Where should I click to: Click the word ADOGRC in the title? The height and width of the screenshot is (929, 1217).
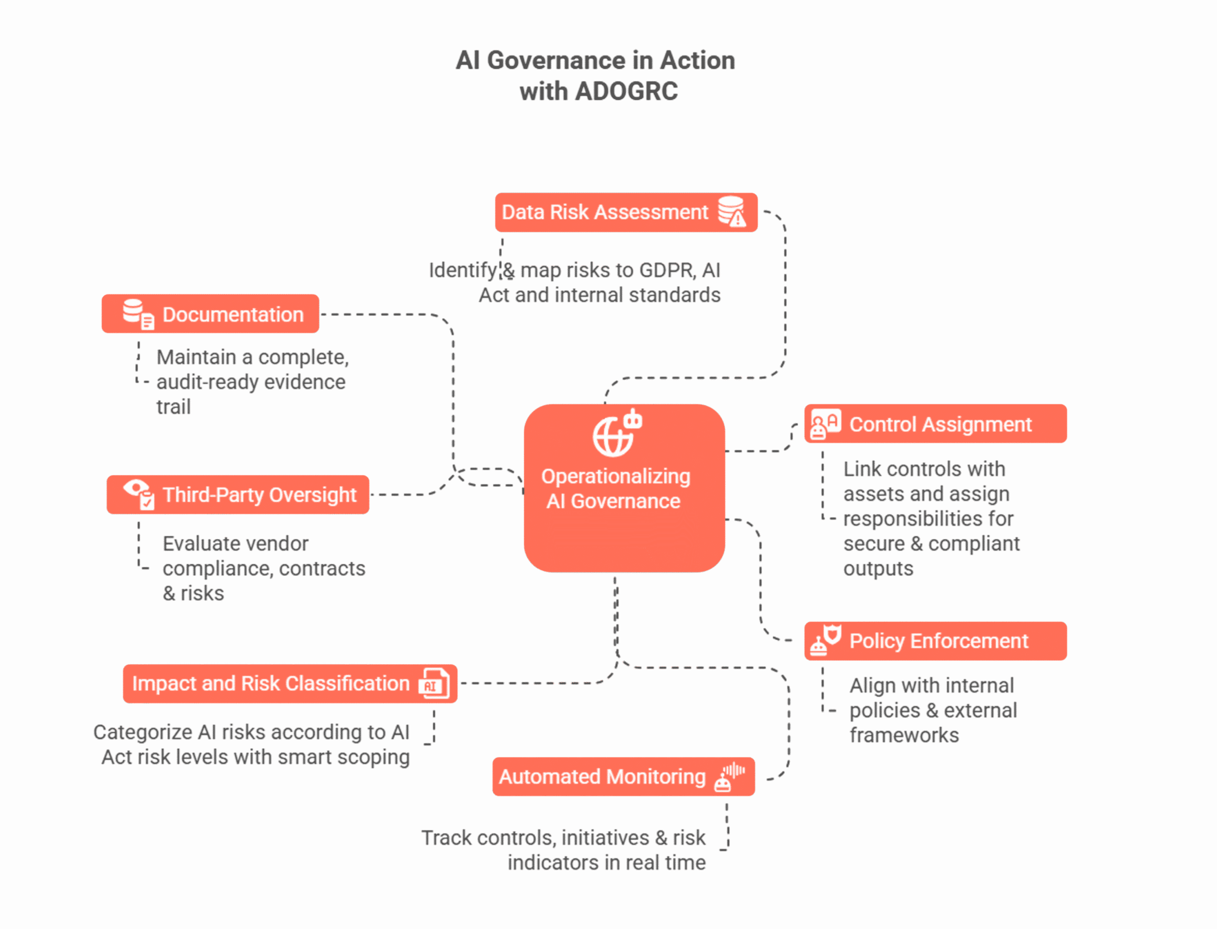pos(626,92)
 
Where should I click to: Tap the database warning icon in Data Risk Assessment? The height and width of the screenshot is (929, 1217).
pos(732,212)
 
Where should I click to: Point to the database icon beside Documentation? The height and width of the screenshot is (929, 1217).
pos(138,314)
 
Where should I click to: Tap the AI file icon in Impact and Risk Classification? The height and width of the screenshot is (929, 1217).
pos(435,684)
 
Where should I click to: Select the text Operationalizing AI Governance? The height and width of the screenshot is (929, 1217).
pos(615,489)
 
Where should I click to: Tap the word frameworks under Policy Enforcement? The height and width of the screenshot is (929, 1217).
pos(904,736)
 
